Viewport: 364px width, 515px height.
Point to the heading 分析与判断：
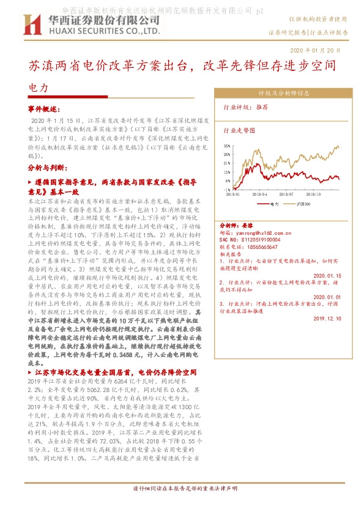point(45,166)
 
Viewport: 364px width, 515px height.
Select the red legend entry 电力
point(271,204)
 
